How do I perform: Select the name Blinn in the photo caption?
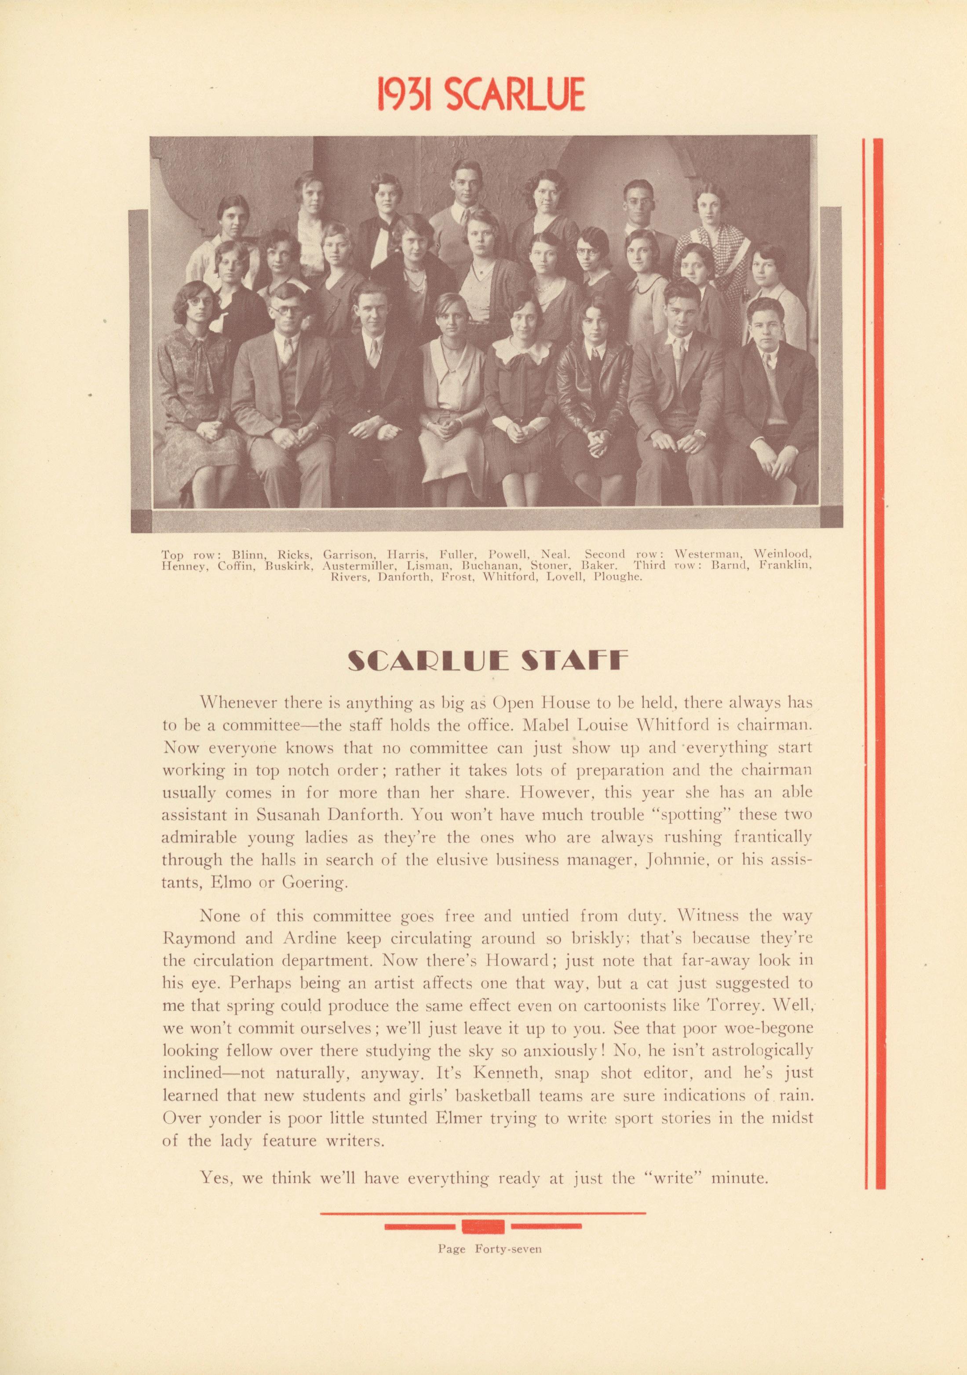click(245, 555)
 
